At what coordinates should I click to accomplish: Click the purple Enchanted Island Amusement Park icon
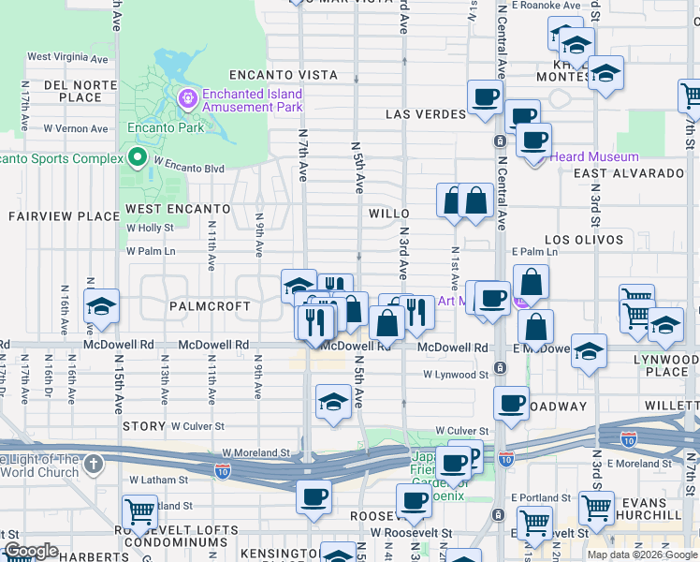(188, 97)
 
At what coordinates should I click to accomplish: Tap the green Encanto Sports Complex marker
(139, 157)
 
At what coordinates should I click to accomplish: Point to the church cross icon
(93, 464)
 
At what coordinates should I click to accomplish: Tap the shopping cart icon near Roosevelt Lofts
(139, 512)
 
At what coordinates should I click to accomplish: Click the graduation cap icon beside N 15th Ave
(100, 306)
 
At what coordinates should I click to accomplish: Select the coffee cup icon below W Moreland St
(314, 495)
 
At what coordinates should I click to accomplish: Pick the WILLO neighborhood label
(389, 214)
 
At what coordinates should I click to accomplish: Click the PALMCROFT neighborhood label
(210, 306)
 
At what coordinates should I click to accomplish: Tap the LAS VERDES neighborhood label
(426, 114)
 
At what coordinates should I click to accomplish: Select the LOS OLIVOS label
(584, 240)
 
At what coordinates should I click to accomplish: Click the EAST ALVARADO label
(629, 173)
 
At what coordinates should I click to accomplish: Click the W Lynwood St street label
(456, 375)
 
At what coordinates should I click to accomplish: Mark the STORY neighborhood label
(143, 426)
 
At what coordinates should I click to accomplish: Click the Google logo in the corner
(31, 551)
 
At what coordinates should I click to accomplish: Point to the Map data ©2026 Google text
(642, 555)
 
